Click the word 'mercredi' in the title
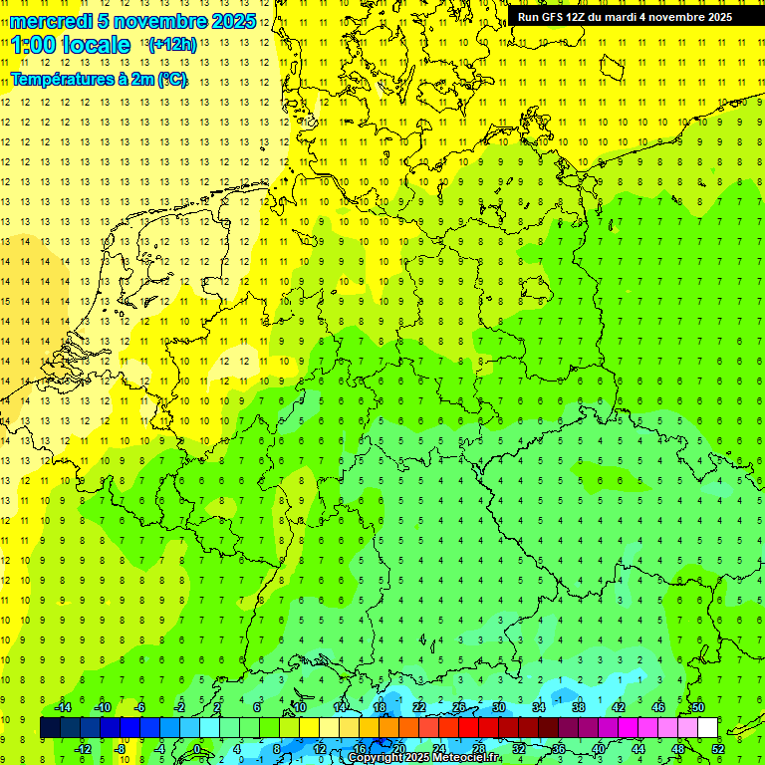point(50,21)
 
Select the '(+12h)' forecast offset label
point(171,44)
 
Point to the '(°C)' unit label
point(170,80)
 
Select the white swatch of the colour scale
point(707,728)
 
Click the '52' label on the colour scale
point(718,749)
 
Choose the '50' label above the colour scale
point(698,707)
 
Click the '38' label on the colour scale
point(579,707)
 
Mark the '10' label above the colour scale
point(300,707)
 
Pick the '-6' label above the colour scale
point(140,707)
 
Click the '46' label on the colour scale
point(658,707)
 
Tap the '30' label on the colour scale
point(499,707)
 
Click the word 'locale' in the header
point(99,45)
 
